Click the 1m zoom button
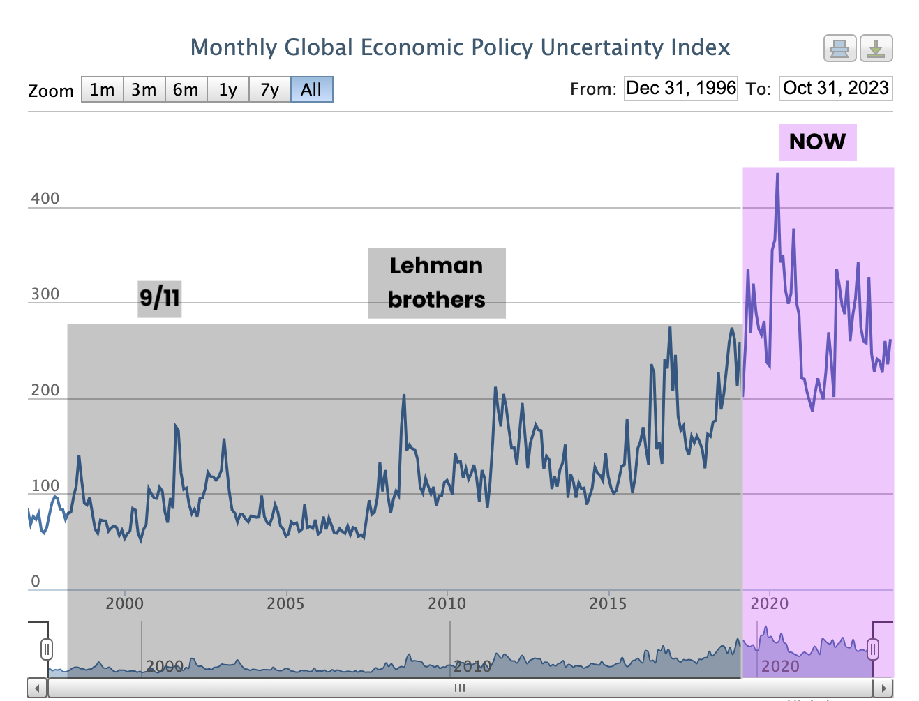103,90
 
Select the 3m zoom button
144,90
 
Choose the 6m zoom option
186,90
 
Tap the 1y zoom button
228,90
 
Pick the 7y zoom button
269,90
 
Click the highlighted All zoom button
311,90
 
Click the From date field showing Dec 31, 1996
680,89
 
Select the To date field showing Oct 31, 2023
835,89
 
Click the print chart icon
839,49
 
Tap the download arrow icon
876,49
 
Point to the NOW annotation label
817,142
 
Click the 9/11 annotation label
160,299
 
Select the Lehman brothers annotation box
436,283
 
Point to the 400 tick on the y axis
45,199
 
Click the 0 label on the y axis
36,581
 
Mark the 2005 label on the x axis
285,603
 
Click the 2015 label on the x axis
608,603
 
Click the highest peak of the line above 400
777,174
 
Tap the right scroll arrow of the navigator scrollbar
883,688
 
